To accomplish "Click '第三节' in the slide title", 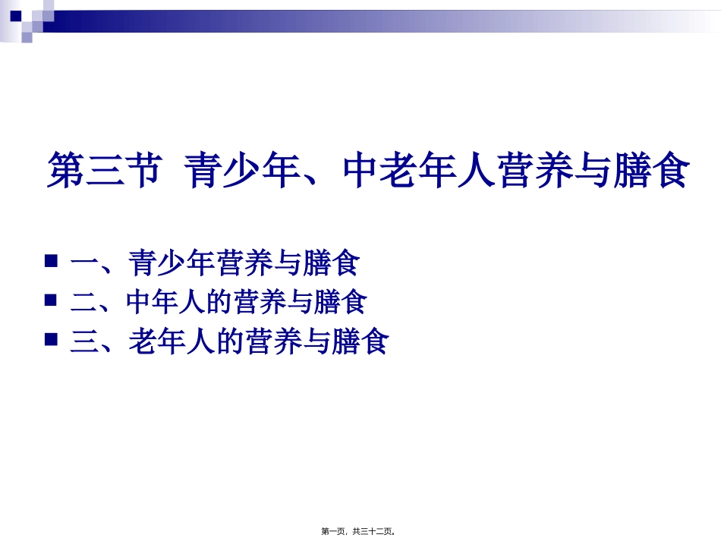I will pyautogui.click(x=104, y=171).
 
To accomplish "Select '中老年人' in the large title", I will pyautogui.click(x=421, y=171).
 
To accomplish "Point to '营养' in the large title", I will pyautogui.click(x=537, y=171).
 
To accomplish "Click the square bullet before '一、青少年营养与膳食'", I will pyautogui.click(x=52, y=262).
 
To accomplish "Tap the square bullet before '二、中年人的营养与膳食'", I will pyautogui.click(x=52, y=300).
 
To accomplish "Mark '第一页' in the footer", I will pyautogui.click(x=333, y=532).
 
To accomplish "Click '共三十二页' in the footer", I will pyautogui.click(x=373, y=532).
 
